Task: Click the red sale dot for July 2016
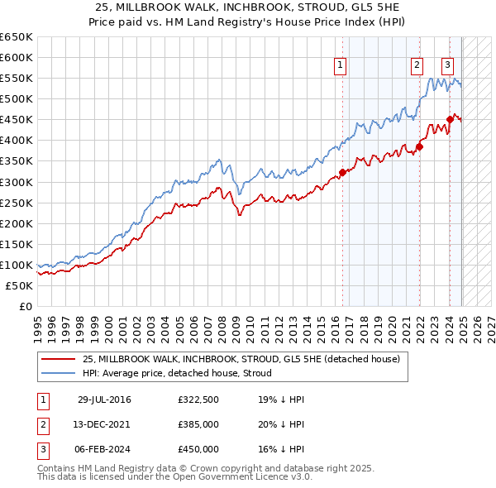click(342, 173)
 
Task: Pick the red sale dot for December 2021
click(419, 147)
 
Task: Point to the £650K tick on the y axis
click(17, 37)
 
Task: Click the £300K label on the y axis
click(17, 182)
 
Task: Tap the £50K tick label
click(20, 285)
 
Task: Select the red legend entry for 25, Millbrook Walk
click(241, 359)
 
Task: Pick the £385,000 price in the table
click(198, 424)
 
